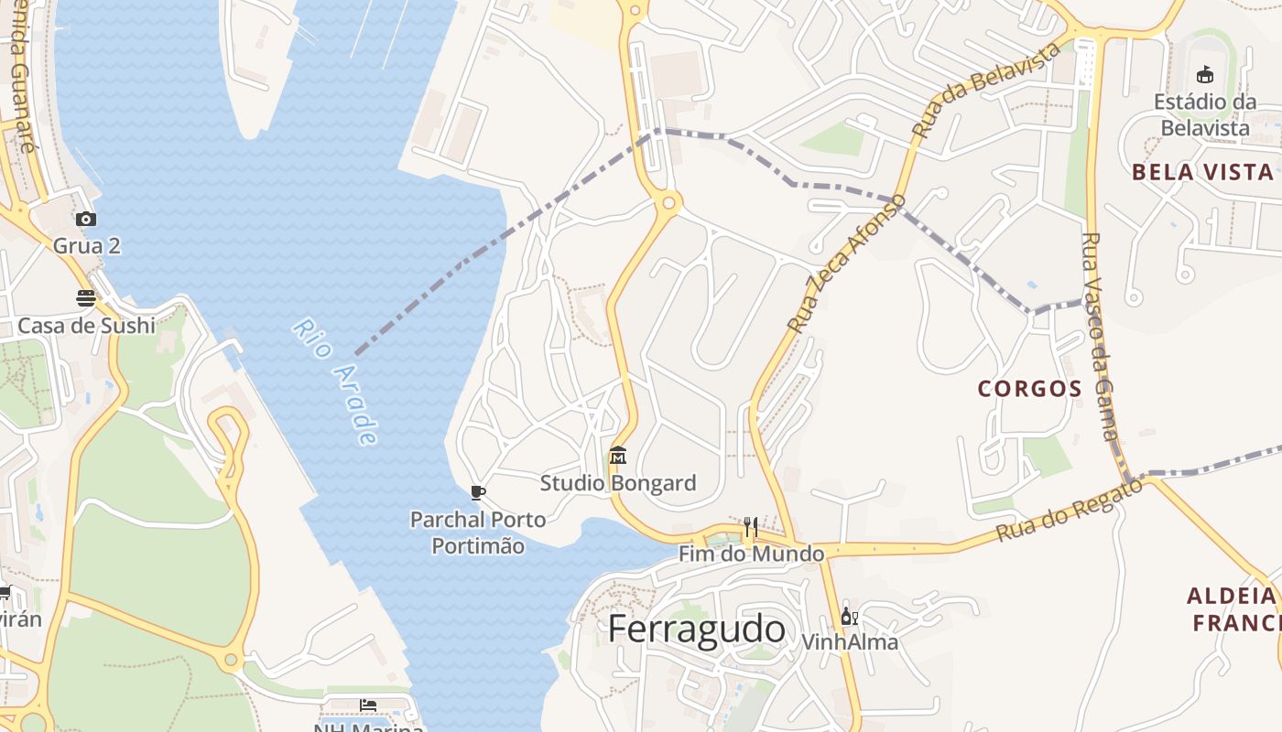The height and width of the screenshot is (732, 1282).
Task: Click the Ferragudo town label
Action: pos(696,630)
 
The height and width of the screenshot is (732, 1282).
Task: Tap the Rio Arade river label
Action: pos(336,382)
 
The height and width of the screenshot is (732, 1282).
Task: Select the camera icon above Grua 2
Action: pos(86,219)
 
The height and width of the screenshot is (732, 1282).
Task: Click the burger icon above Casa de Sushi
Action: pos(86,297)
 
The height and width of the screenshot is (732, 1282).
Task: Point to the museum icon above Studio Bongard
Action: pos(618,455)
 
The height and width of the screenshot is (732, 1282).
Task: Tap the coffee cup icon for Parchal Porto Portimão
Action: pos(477,492)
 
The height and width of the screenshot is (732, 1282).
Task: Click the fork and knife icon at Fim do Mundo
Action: pos(751,526)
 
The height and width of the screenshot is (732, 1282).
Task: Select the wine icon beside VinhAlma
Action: pos(849,616)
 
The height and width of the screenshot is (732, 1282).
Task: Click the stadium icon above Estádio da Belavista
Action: pos(1204,74)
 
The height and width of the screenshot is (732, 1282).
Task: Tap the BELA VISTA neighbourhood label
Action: pos(1202,172)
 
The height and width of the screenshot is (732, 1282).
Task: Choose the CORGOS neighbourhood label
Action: pos(1030,389)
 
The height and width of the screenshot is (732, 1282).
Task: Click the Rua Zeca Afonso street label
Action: pos(846,264)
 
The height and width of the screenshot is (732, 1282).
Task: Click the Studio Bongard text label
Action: pos(618,483)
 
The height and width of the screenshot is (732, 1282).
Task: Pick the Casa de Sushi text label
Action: pos(86,326)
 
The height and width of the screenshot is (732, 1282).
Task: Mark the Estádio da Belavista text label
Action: pos(1204,114)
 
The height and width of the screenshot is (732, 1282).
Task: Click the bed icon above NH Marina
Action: pos(368,705)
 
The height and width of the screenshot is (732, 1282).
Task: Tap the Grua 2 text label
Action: pos(86,246)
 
